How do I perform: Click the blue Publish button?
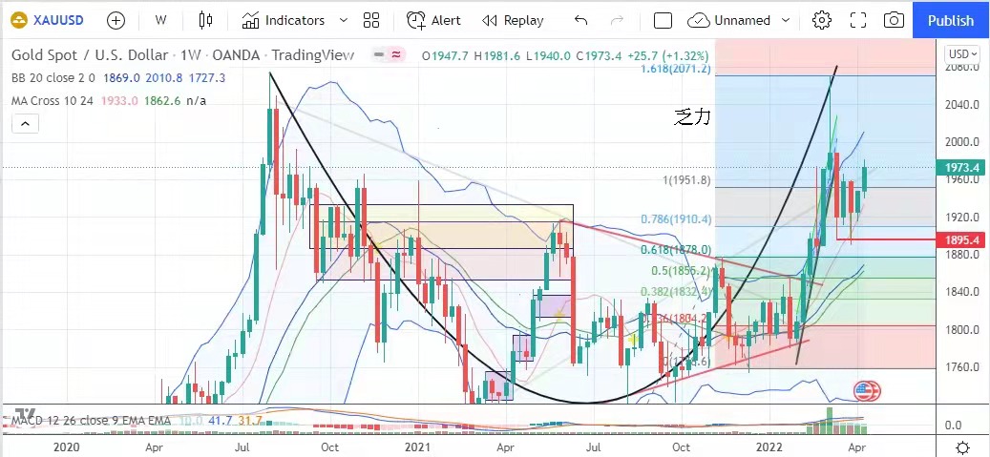point(950,20)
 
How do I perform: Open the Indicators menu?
point(284,20)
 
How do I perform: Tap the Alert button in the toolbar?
point(434,20)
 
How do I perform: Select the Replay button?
point(513,20)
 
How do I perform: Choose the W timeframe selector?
point(160,20)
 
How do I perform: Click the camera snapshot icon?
point(894,20)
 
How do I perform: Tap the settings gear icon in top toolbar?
point(821,20)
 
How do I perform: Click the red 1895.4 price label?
point(962,239)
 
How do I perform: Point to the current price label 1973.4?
point(962,168)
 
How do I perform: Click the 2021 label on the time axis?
point(417,447)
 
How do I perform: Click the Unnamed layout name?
point(742,20)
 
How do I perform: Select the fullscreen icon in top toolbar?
point(857,20)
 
